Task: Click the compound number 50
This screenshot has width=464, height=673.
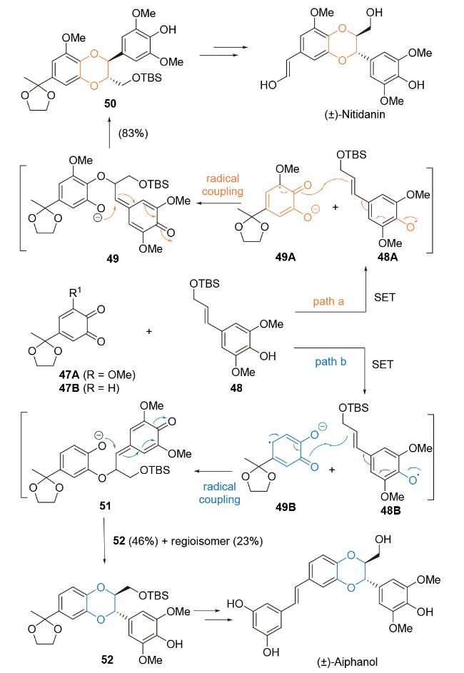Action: [111, 103]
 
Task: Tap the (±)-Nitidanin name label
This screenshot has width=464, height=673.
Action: [355, 115]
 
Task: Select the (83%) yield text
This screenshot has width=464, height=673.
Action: [133, 133]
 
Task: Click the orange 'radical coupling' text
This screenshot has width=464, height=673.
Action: [222, 185]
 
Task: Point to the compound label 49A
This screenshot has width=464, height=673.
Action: [286, 257]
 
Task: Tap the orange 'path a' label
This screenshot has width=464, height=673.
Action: [328, 301]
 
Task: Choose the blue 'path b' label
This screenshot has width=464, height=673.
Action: [331, 362]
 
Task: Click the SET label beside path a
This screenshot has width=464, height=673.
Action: [384, 298]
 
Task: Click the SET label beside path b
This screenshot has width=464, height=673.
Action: [383, 365]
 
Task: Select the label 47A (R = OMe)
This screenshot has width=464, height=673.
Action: [97, 375]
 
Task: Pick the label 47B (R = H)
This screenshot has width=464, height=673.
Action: [89, 388]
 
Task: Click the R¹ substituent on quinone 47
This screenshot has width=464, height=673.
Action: [75, 293]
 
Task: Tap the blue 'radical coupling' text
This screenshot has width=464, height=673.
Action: [219, 493]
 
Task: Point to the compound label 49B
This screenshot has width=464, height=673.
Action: [286, 507]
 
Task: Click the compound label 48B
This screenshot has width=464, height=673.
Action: [390, 510]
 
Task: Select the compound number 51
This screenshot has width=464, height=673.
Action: [105, 506]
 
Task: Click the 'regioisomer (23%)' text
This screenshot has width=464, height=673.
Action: [217, 541]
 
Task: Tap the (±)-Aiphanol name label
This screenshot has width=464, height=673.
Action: [348, 662]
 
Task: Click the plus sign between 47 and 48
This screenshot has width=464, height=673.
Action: [149, 331]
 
